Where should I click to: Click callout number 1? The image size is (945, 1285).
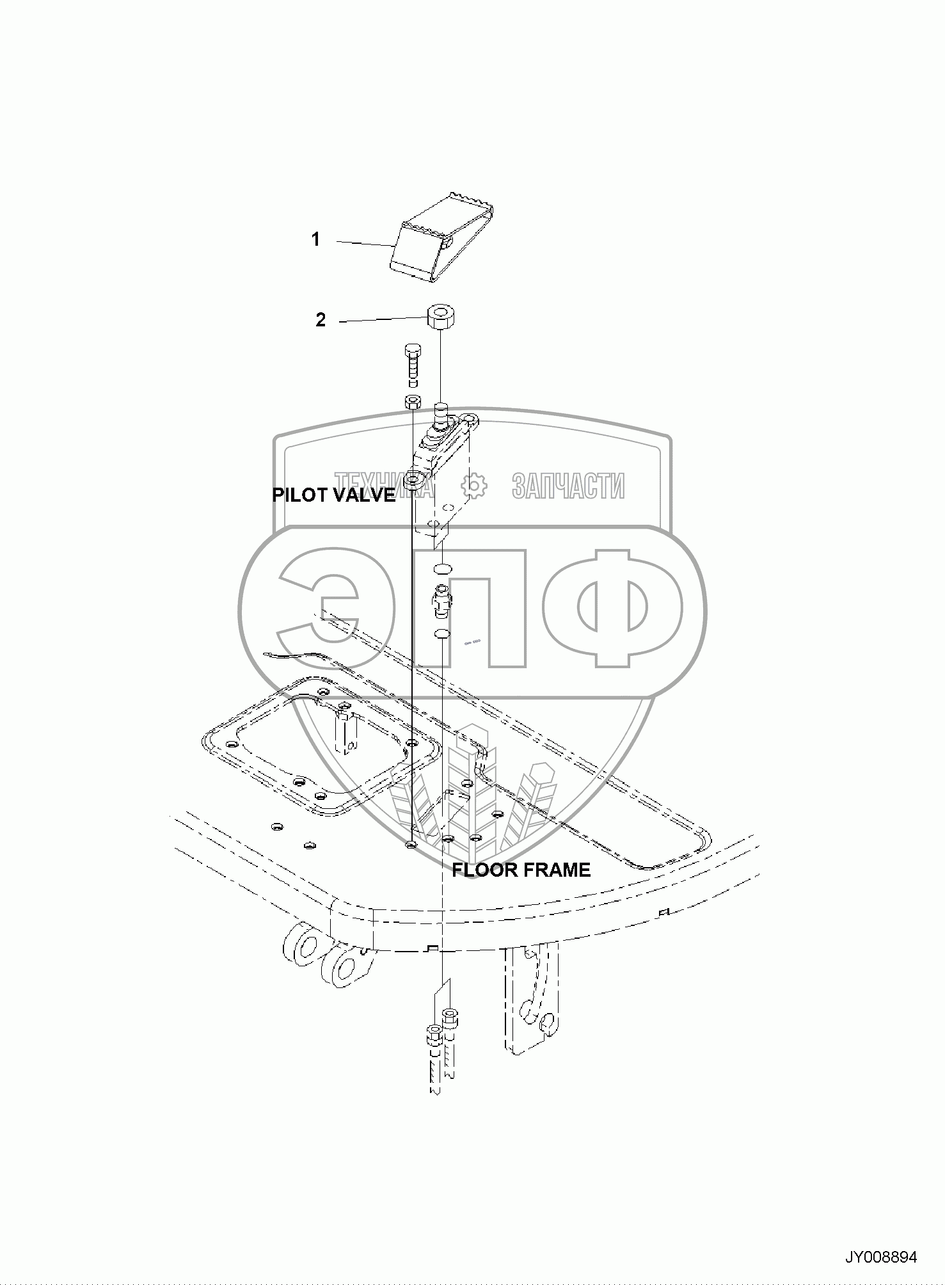[x=315, y=240]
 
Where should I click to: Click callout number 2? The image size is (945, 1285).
[x=321, y=320]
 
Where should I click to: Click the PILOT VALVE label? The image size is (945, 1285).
[x=334, y=495]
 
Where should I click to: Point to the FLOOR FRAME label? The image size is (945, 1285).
[x=521, y=870]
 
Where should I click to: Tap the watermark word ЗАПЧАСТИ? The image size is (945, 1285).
[x=568, y=486]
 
